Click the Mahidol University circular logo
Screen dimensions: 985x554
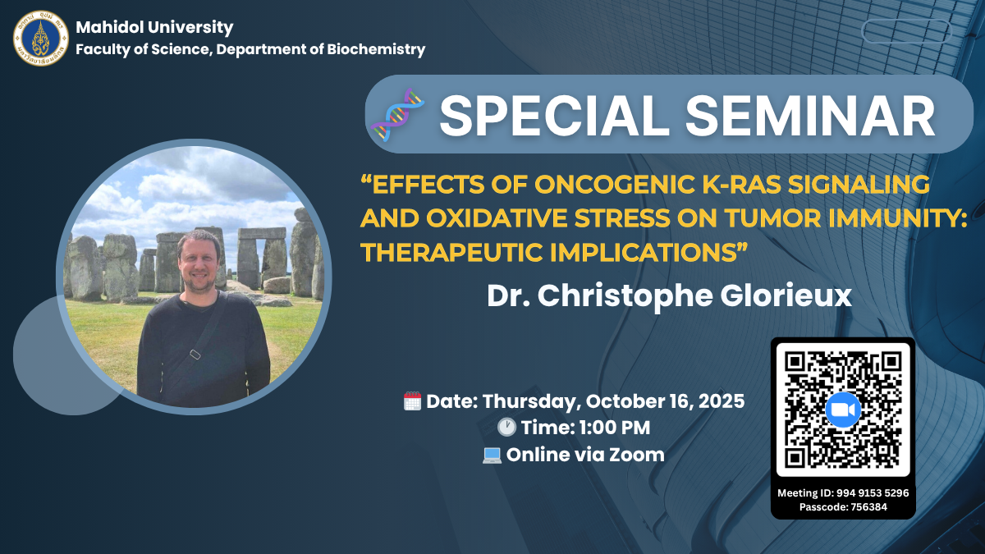tap(41, 39)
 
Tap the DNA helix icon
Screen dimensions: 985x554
tap(397, 115)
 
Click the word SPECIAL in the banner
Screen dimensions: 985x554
tap(555, 116)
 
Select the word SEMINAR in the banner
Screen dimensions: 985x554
tap(810, 116)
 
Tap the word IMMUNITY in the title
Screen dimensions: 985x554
tap(897, 218)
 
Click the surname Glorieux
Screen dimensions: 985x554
tap(786, 296)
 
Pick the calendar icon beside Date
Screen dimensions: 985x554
tap(412, 401)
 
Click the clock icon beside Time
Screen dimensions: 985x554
tap(506, 428)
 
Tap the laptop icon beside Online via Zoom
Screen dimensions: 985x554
tap(492, 455)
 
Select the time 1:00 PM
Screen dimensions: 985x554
tap(614, 428)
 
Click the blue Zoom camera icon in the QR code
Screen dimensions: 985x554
tap(843, 410)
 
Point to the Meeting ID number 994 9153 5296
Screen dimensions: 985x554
tap(873, 493)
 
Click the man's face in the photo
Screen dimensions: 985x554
tap(199, 263)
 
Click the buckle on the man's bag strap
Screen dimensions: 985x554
tap(195, 354)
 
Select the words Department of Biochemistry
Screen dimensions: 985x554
tap(321, 49)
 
